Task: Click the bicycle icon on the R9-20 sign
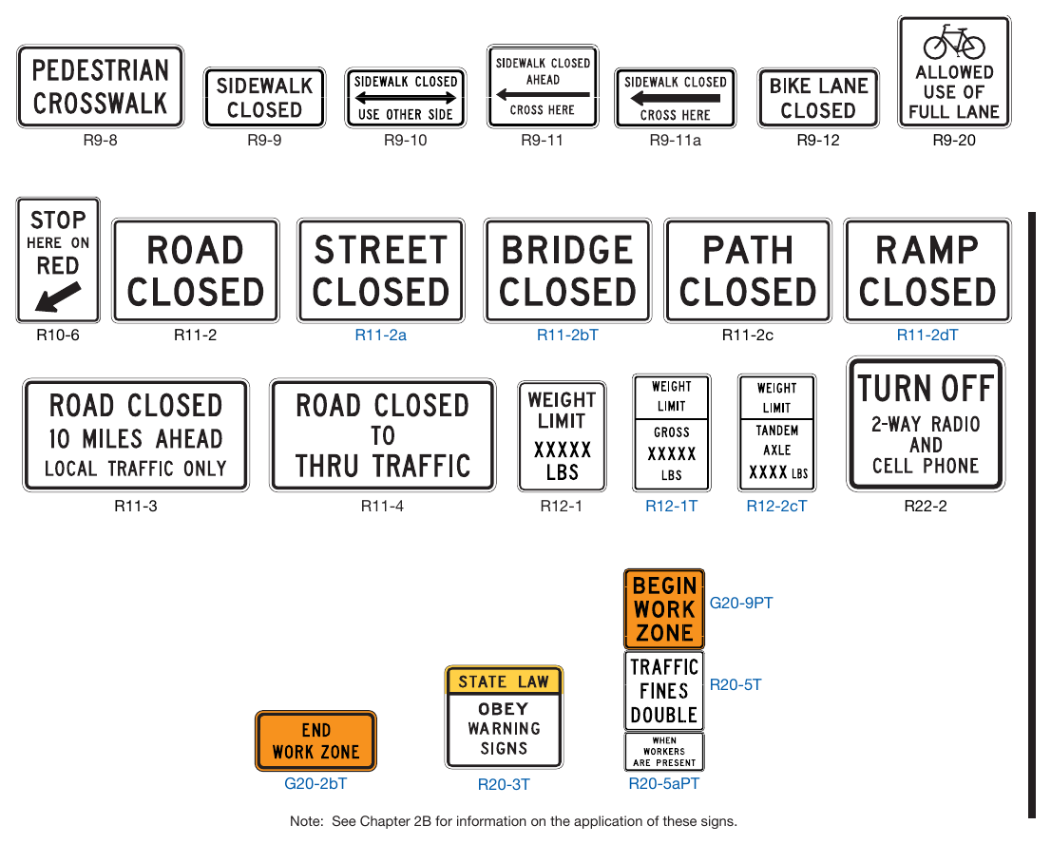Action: click(954, 42)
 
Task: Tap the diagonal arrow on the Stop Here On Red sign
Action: click(58, 297)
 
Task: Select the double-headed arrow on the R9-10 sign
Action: click(406, 98)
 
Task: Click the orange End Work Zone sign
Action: click(315, 740)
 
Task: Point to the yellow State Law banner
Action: click(504, 681)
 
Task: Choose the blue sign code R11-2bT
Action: click(567, 335)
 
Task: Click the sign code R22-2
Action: click(925, 507)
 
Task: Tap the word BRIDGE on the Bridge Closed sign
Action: click(567, 251)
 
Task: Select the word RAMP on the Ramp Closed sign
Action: click(927, 251)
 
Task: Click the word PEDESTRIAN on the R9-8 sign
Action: click(101, 70)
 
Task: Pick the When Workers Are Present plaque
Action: click(664, 752)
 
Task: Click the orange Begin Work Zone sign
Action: click(664, 608)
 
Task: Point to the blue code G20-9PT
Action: click(740, 603)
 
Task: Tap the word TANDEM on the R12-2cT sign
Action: click(777, 431)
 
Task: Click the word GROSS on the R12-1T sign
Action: click(672, 432)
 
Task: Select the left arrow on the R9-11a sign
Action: click(676, 99)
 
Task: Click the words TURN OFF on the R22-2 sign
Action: click(926, 388)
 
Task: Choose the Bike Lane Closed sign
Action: click(818, 98)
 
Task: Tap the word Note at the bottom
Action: click(305, 821)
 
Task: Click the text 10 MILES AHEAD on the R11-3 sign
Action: click(135, 438)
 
